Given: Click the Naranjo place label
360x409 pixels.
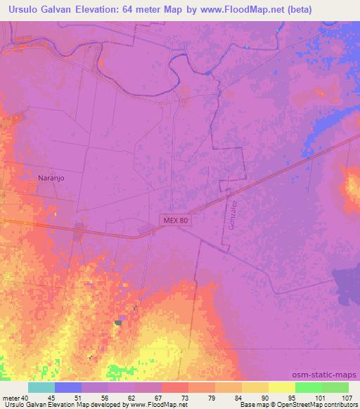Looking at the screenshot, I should [x=51, y=178].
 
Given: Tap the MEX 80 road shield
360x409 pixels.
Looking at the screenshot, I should [x=173, y=221].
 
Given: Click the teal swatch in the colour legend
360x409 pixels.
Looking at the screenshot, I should [x=41, y=387].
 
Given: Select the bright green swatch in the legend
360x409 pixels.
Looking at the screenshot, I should [x=309, y=387].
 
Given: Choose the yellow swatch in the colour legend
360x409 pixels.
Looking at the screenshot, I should [x=282, y=387].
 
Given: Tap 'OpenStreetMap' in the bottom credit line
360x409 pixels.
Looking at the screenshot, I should [x=309, y=405].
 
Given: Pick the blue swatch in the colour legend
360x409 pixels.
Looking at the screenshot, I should [x=68, y=387].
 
